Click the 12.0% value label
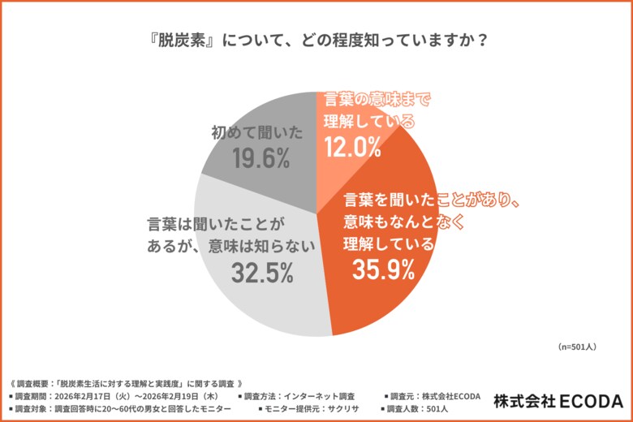click(352, 147)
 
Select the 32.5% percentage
click(261, 273)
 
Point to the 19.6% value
click(261, 160)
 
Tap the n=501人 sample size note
click(578, 347)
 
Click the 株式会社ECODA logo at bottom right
click(558, 401)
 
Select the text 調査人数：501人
click(423, 408)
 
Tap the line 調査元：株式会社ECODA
click(435, 396)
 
